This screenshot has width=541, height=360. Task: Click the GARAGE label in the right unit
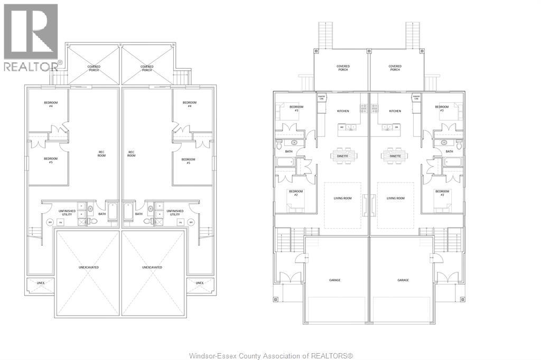point(403,280)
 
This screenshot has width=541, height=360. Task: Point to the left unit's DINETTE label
point(343,156)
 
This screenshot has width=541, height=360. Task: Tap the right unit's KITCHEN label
point(395,111)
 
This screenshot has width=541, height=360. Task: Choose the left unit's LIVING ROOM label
point(343,198)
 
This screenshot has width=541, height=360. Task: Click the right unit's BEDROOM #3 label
point(442,109)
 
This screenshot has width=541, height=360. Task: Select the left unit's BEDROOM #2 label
point(295,193)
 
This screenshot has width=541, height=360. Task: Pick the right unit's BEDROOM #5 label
point(189,162)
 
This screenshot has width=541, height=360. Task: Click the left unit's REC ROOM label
point(101,154)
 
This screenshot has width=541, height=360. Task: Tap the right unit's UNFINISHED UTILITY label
point(175,212)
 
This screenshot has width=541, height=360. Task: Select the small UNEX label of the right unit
point(199,283)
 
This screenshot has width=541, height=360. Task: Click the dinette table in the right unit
point(395,156)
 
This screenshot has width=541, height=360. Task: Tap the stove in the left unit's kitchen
point(363,109)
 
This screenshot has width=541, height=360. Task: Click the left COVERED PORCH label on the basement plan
point(94,68)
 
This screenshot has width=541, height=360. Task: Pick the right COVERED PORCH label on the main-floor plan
point(395,68)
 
